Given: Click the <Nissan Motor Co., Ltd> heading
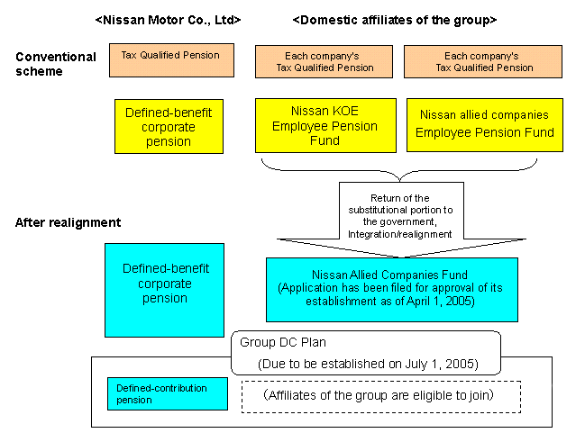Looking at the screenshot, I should coord(168,19).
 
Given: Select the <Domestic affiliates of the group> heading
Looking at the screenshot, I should coord(395,19).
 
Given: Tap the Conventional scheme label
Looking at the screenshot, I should coord(55,64).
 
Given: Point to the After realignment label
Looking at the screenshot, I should coord(68,221).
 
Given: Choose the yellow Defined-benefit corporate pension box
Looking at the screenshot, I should coord(169,126).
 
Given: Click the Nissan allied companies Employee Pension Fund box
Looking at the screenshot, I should coord(484,124).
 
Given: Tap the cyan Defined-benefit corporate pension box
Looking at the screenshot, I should coord(164,289).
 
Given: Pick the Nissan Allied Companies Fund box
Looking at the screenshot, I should coord(392,289).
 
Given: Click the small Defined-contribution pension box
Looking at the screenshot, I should coord(167,393).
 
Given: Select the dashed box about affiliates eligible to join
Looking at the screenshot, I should coord(382,393).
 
